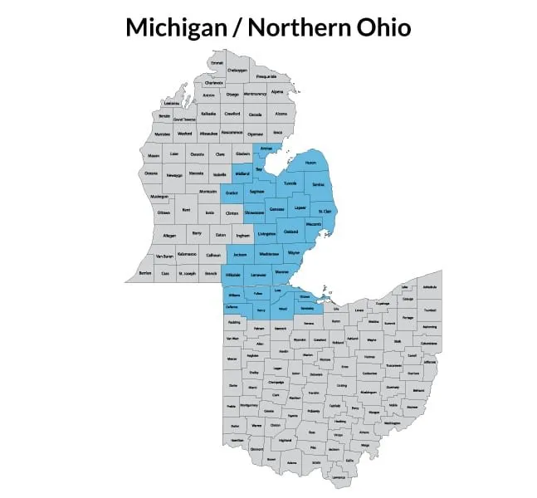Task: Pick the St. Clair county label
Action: tap(326, 212)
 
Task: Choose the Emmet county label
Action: tap(217, 63)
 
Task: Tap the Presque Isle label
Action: tap(266, 76)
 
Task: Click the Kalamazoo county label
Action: tap(186, 253)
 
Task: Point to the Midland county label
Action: tap(242, 173)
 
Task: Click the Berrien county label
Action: tap(145, 271)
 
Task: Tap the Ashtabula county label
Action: tap(429, 286)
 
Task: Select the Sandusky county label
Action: tap(307, 308)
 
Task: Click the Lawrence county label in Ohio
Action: tap(338, 478)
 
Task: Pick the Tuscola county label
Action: tap(290, 182)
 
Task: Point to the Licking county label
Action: tap(342, 385)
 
